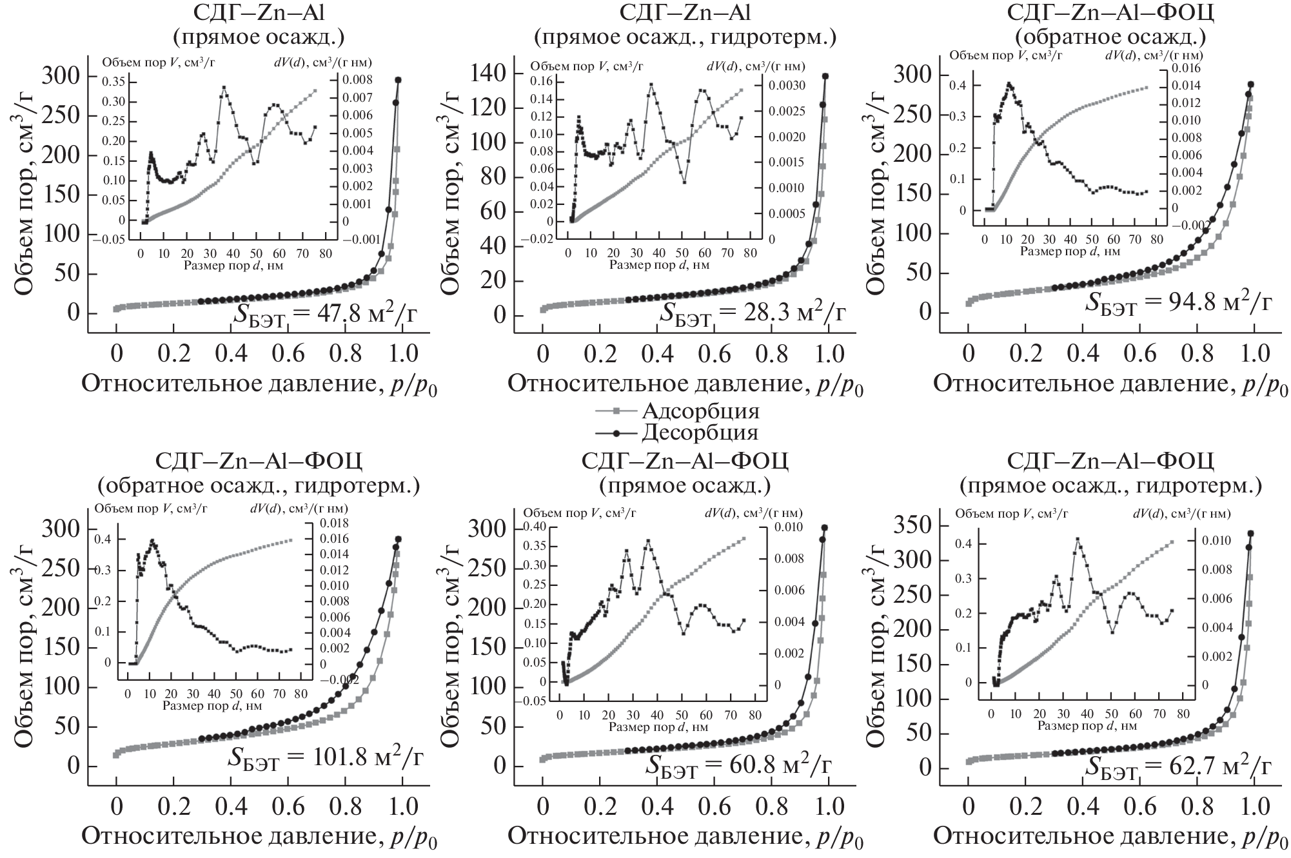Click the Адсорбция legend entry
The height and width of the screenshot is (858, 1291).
(700, 411)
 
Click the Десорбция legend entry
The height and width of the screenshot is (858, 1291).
(700, 431)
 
